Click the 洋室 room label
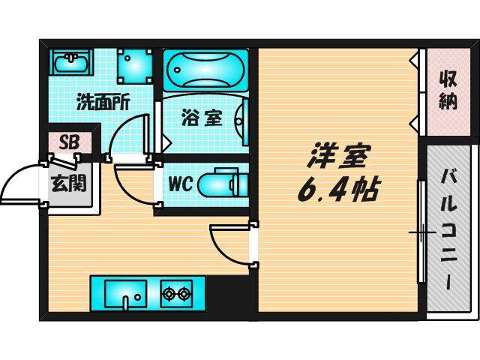click(x=339, y=156)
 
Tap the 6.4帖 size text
click(x=339, y=190)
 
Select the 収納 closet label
click(x=448, y=90)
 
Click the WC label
click(x=181, y=184)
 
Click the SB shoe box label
click(x=69, y=142)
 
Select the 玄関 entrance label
click(x=69, y=183)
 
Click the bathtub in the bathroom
click(x=205, y=70)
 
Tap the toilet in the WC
click(x=223, y=184)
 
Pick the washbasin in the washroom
click(x=71, y=62)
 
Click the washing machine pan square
click(x=135, y=67)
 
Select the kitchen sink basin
click(x=125, y=294)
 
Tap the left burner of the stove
click(x=168, y=294)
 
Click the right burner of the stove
click(x=184, y=294)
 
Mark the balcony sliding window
click(x=421, y=232)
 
